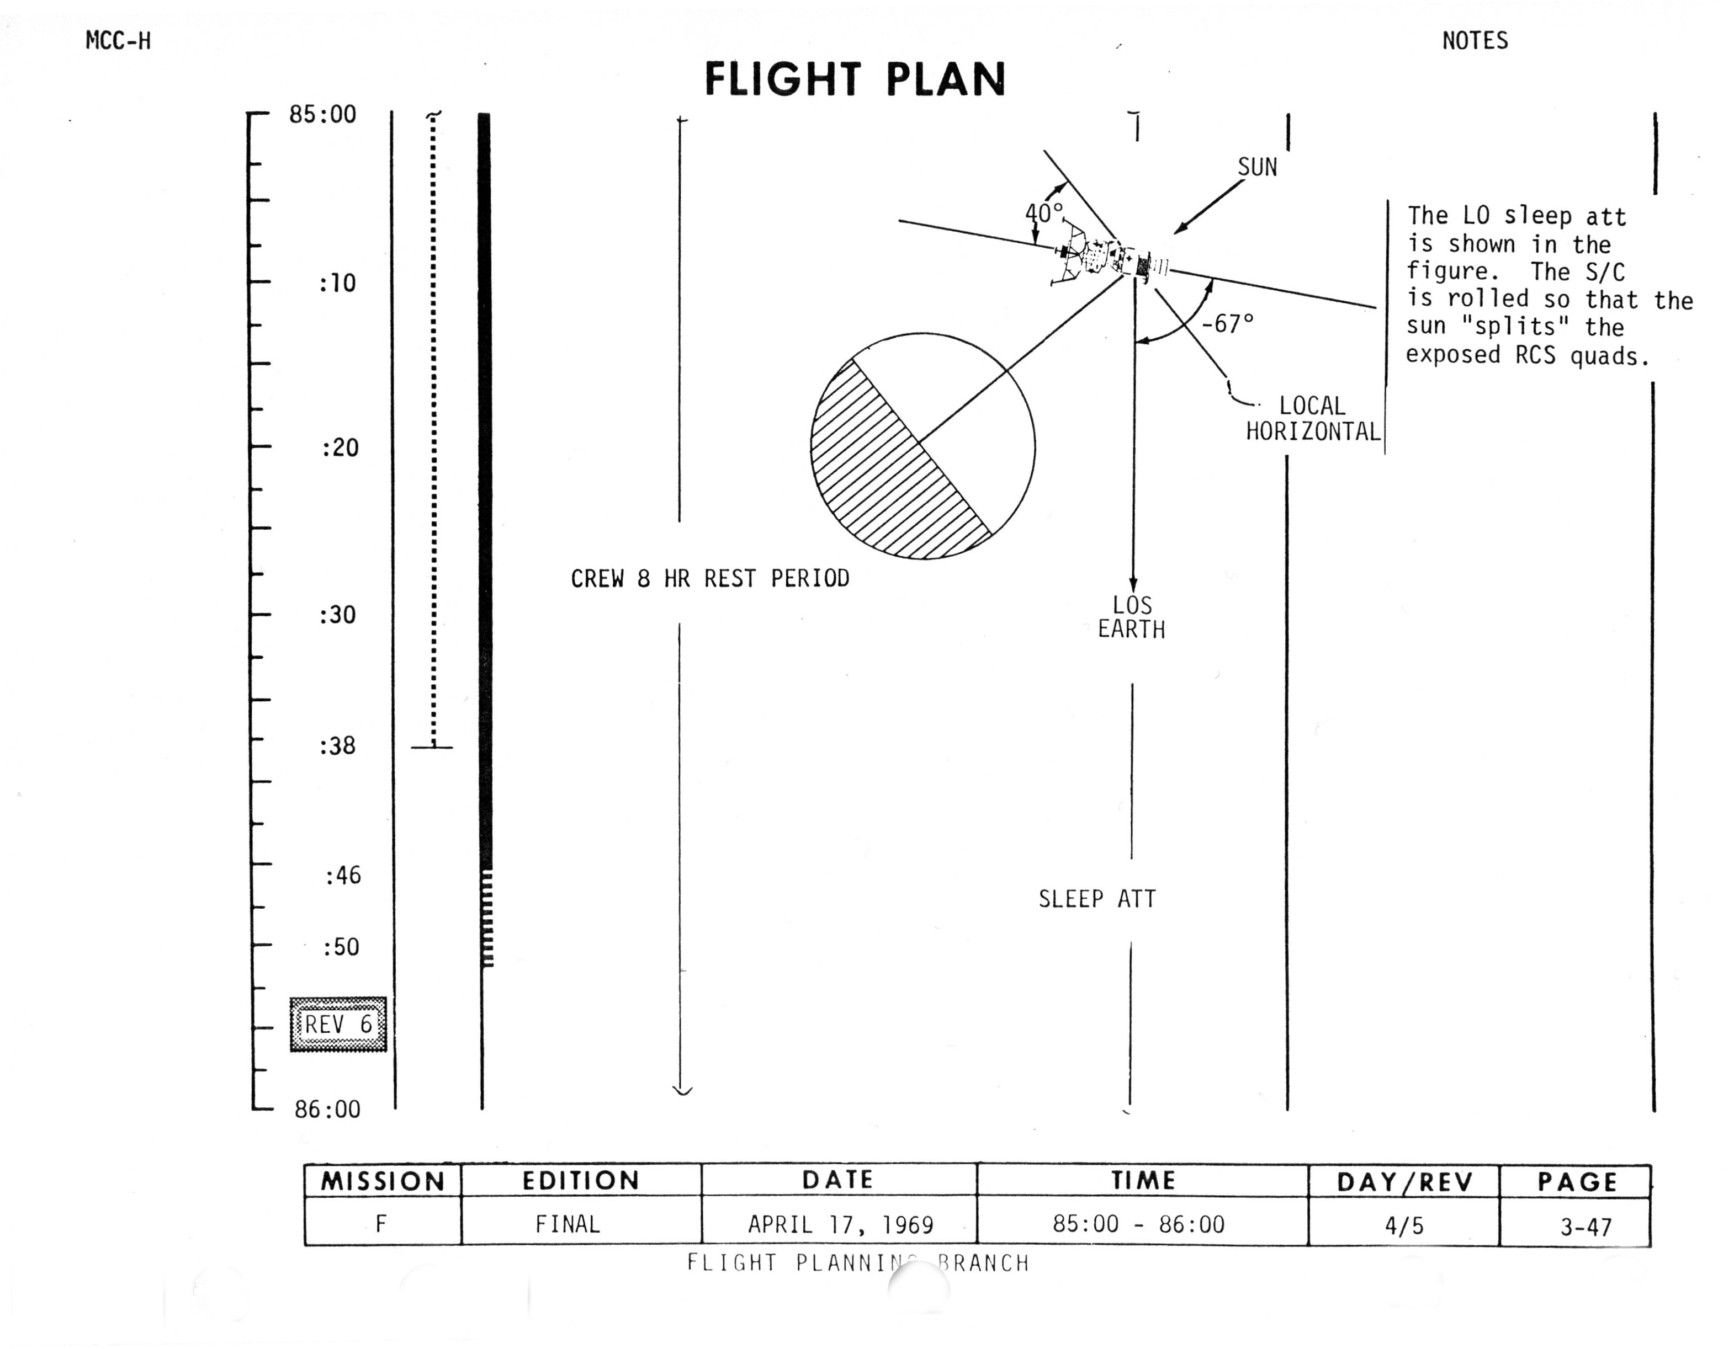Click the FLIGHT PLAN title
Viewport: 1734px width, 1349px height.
point(855,79)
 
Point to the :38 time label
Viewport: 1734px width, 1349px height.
point(337,746)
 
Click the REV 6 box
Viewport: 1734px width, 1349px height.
point(338,1025)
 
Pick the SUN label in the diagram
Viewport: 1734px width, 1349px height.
point(1257,167)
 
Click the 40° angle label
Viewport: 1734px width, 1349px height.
point(1043,212)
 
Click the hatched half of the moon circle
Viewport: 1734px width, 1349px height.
point(881,476)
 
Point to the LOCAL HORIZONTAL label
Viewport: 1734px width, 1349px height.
point(1312,419)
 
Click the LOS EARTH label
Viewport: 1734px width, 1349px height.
point(1131,617)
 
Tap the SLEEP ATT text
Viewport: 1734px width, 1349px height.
point(1097,899)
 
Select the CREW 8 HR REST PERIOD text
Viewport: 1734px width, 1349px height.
point(710,578)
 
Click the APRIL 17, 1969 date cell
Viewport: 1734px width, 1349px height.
point(840,1224)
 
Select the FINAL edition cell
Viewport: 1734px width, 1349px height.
point(567,1224)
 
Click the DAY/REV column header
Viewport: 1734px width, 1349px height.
point(1404,1182)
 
